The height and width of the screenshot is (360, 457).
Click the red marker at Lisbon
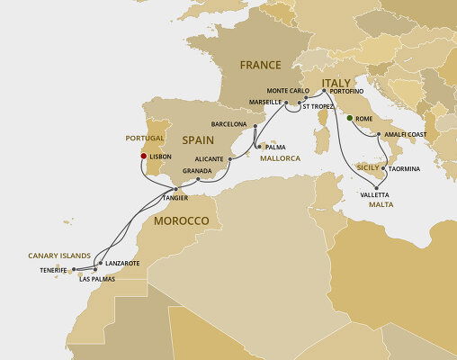(x=142, y=156)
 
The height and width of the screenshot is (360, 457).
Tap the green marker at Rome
(x=349, y=117)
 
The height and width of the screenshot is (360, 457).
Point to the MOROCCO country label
(x=182, y=220)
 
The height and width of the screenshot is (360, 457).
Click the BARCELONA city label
(x=228, y=124)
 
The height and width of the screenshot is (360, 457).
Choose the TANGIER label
(x=176, y=196)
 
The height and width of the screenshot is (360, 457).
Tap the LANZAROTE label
(x=122, y=263)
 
